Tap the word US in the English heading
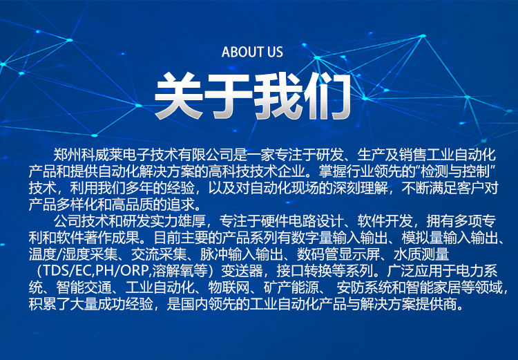point(275,52)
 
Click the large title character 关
point(178,96)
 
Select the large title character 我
point(278,96)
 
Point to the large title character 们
point(327,96)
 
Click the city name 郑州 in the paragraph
point(68,155)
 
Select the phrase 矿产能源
point(291,287)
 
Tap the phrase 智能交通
point(84,287)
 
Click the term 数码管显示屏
point(338,254)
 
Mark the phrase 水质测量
point(421,254)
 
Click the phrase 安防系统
point(365,287)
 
